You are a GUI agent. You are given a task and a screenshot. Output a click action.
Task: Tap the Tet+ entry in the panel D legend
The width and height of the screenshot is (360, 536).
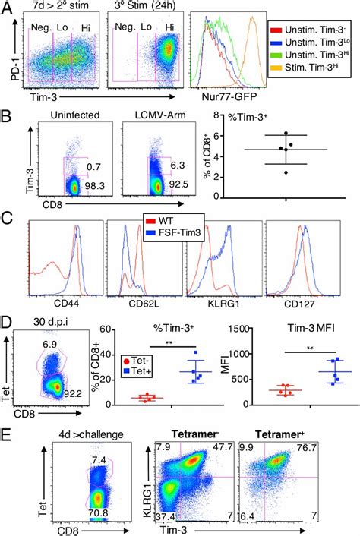pyautogui.click(x=138, y=378)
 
